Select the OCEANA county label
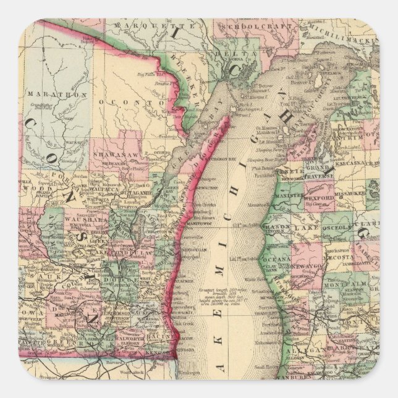point(280,258)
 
